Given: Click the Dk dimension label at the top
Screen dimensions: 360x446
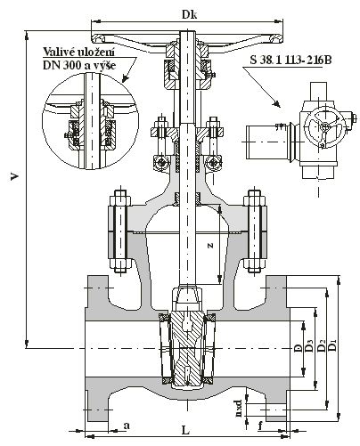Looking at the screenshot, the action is [x=189, y=15].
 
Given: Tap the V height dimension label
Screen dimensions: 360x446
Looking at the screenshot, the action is [x=14, y=177].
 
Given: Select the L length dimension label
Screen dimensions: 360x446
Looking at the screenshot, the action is [x=185, y=430].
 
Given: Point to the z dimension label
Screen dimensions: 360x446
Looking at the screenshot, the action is [x=210, y=245].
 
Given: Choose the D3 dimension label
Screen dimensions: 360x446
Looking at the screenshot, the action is [x=309, y=345].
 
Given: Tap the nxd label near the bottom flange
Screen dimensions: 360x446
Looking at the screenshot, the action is [x=239, y=409].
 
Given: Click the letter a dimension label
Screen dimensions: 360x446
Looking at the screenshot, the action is [x=127, y=426].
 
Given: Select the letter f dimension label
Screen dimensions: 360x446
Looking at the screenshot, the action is [x=260, y=426].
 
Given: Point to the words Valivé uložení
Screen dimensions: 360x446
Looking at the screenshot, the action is [x=79, y=52].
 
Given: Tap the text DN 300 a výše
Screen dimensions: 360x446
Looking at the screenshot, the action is [x=79, y=65].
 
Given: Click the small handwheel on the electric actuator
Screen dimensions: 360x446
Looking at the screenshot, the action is [x=326, y=128].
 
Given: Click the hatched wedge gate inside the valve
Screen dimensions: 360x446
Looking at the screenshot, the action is [x=186, y=350].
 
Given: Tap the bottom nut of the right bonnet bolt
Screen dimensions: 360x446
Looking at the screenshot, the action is [x=255, y=265].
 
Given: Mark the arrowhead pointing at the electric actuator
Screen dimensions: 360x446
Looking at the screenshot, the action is [x=276, y=104].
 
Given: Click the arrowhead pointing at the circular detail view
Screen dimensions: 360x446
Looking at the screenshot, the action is [x=126, y=78].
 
